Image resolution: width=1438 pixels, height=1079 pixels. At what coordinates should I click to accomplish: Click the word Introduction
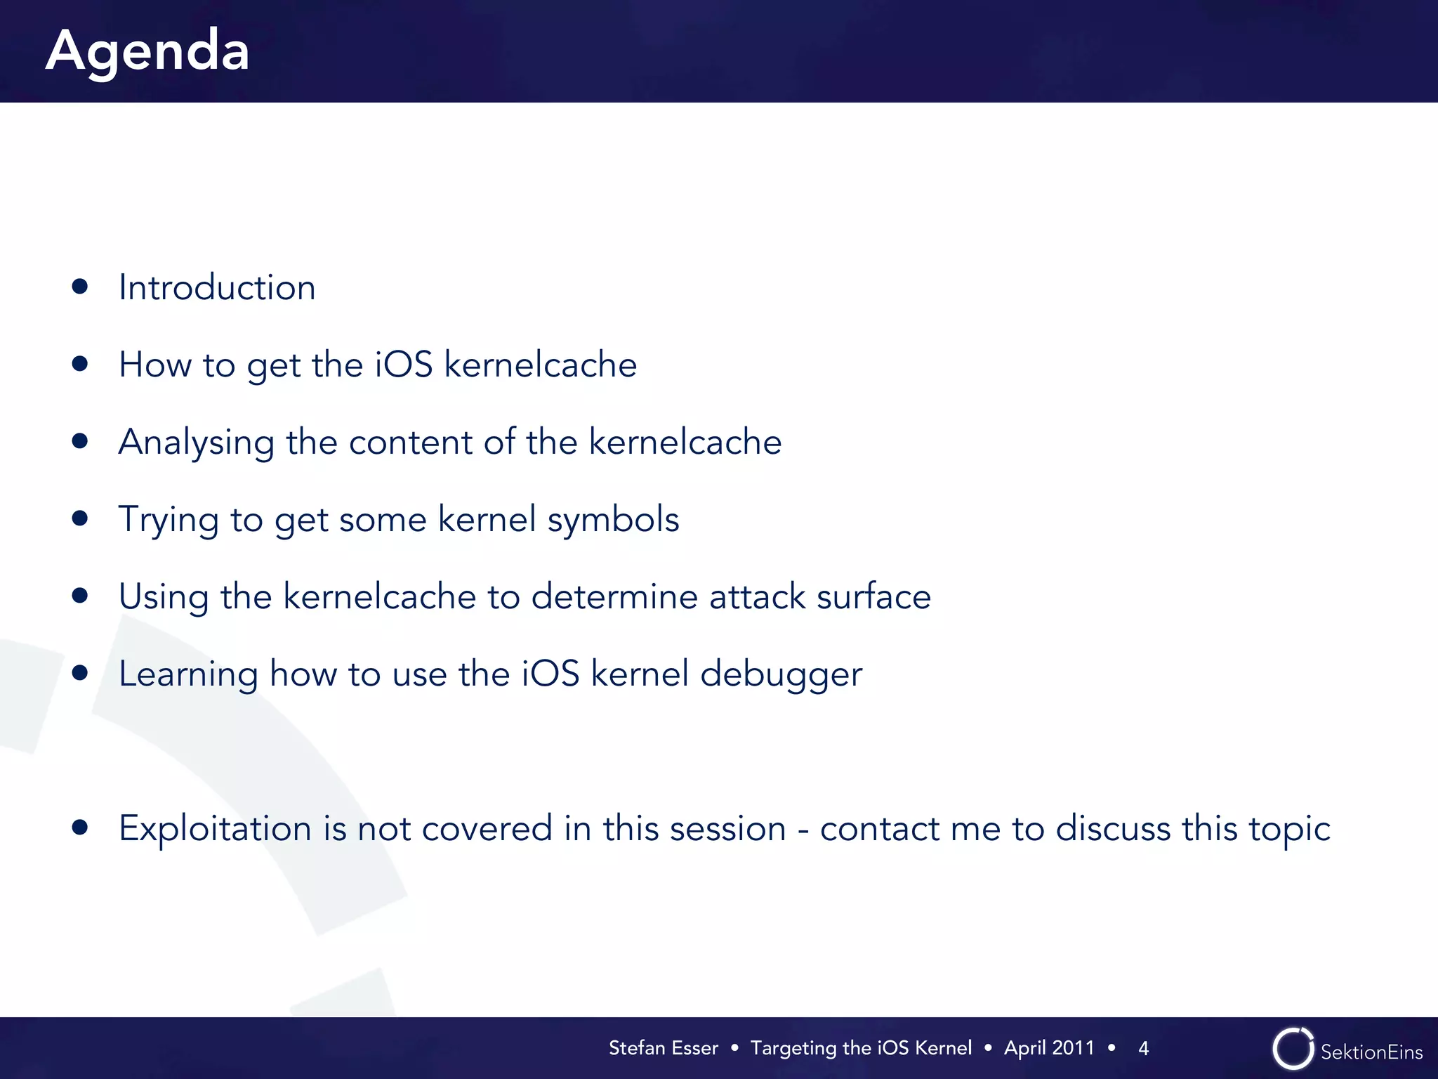point(217,287)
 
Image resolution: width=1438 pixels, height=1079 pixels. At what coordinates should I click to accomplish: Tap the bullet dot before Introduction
point(80,286)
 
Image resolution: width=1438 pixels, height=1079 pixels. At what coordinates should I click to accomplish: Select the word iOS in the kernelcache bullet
point(403,365)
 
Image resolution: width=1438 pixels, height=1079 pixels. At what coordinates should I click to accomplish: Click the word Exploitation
point(215,829)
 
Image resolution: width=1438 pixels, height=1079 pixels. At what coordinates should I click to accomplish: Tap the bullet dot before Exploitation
point(80,828)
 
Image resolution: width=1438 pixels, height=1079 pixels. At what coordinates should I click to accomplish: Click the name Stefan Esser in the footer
point(663,1048)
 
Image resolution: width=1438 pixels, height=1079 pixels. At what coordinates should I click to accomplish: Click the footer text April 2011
point(1049,1048)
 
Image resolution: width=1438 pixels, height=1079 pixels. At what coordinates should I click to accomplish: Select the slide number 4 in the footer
point(1143,1049)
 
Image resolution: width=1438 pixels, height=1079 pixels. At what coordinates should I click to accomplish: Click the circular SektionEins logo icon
point(1293,1049)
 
